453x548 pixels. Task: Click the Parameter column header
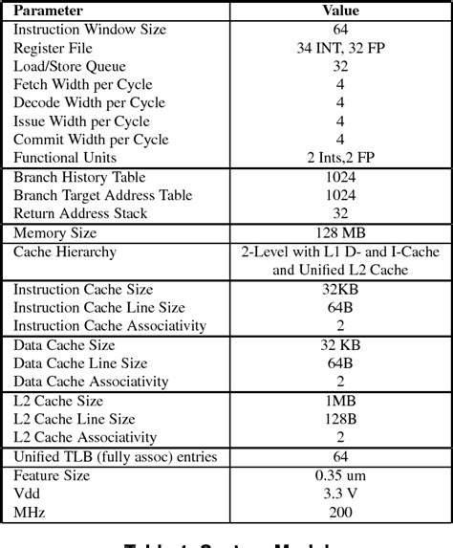tap(48, 11)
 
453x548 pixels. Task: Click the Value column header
tap(340, 11)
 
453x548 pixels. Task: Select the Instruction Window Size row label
tap(90, 30)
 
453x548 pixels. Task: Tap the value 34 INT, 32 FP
tap(340, 48)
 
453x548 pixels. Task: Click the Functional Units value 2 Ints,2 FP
tap(340, 157)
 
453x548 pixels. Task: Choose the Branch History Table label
tap(80, 177)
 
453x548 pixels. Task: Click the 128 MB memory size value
tap(340, 233)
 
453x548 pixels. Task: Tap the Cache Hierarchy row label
tap(65, 252)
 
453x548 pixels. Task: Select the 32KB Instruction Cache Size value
tap(340, 290)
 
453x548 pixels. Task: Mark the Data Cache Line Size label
tap(80, 363)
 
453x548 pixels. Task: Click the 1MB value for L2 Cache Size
tap(340, 401)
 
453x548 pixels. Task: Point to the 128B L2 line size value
tap(340, 419)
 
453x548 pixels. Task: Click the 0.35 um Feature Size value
tap(340, 476)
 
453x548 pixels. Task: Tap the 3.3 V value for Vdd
tap(340, 494)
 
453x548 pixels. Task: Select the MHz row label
tap(30, 513)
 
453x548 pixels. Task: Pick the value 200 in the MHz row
tap(340, 513)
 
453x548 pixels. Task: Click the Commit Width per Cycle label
tap(91, 139)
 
